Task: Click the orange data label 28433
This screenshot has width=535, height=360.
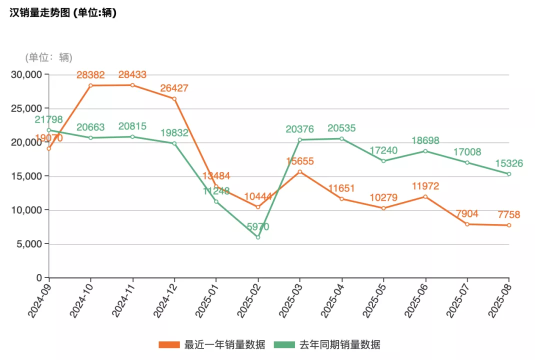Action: pos(132,75)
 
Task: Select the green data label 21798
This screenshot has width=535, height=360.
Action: pos(49,120)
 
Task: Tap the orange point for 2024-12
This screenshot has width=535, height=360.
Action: pos(174,98)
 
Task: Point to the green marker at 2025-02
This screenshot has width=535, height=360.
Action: pos(258,237)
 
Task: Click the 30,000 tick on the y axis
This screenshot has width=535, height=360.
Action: pos(29,74)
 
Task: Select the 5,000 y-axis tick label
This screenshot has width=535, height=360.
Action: pos(31,244)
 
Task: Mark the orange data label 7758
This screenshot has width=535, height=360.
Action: pos(509,215)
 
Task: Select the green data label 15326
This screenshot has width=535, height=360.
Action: pos(509,164)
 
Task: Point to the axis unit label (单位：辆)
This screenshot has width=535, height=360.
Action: pos(48,57)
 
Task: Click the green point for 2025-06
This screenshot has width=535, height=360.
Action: pos(425,151)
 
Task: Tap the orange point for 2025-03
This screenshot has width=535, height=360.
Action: pos(300,171)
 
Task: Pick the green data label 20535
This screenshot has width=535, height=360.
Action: pos(342,128)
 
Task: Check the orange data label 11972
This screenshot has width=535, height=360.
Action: pos(425,186)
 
